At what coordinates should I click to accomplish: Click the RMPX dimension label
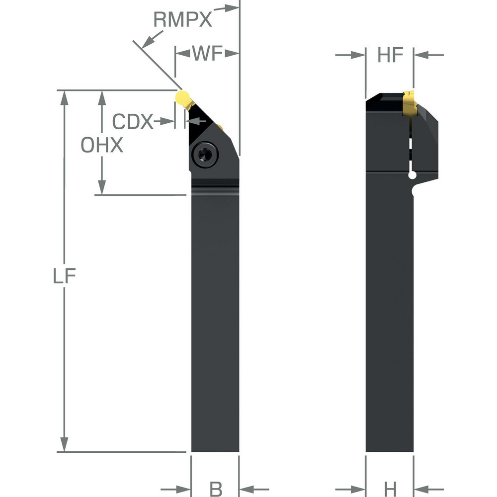click(x=182, y=20)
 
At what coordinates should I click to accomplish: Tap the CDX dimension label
click(x=133, y=121)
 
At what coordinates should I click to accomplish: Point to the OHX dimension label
click(x=102, y=145)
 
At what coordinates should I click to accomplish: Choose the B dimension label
click(x=216, y=489)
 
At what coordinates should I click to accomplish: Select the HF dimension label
click(x=390, y=55)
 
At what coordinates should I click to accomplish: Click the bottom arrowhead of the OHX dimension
click(x=102, y=188)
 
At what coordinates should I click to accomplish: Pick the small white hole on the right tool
click(x=412, y=174)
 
